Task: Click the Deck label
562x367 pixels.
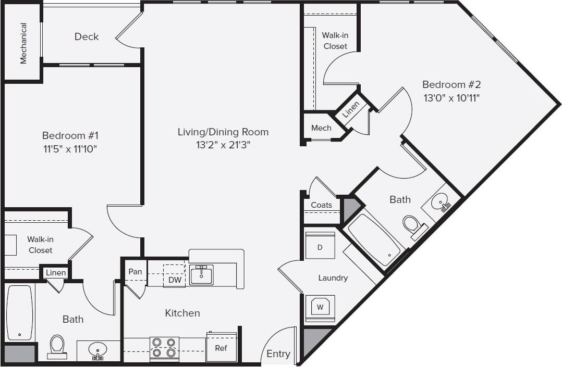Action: coord(87,36)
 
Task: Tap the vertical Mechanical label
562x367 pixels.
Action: coord(23,43)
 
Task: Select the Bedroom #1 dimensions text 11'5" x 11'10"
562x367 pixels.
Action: coord(70,149)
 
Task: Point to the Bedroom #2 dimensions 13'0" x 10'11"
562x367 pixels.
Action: coord(451,97)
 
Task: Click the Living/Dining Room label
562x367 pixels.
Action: coord(223,132)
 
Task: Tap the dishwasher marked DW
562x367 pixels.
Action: coord(175,280)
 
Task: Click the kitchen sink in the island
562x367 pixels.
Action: coord(201,275)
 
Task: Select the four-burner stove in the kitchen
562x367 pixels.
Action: coord(164,348)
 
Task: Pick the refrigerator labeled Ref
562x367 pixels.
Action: coord(221,347)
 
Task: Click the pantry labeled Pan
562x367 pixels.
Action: coord(135,272)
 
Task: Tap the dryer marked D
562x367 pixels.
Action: coord(320,247)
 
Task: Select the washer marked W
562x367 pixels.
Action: coord(320,307)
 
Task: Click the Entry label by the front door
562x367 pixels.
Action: coord(278,354)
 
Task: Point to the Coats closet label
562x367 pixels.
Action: coord(321,205)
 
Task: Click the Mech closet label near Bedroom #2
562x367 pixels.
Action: coord(321,128)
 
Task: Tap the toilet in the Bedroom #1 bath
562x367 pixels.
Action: coord(57,346)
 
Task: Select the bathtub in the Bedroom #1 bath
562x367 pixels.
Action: coord(20,312)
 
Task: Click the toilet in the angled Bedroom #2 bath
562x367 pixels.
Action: coord(413,226)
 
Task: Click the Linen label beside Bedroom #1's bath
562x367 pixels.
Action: coord(56,273)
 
